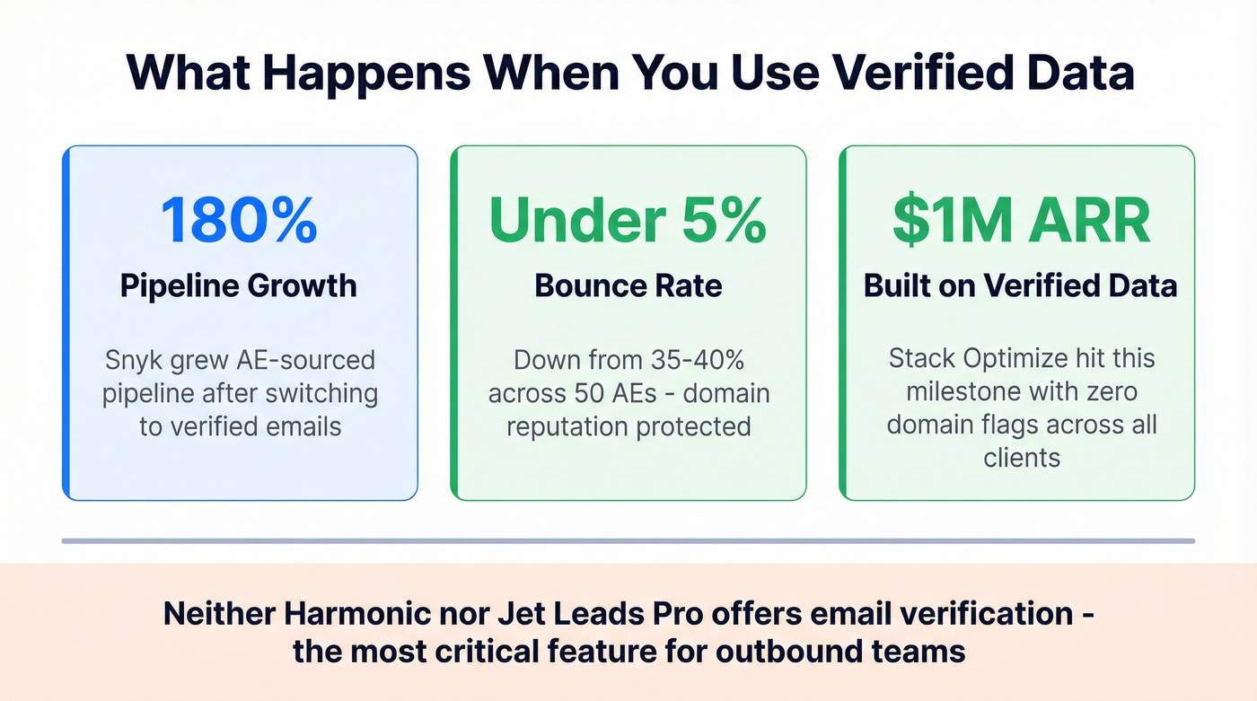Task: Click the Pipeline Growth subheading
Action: click(x=239, y=285)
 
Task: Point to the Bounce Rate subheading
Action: click(x=628, y=285)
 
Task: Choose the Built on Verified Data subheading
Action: click(x=1020, y=285)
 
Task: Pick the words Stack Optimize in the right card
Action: click(x=959, y=357)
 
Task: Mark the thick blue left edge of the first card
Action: click(x=66, y=322)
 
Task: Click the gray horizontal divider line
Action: click(x=628, y=540)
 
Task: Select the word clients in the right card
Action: click(x=1021, y=457)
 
